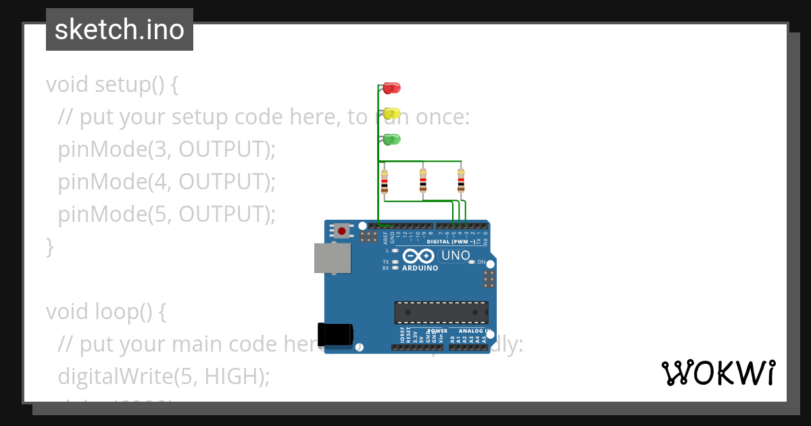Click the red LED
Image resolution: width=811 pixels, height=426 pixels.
coord(391,88)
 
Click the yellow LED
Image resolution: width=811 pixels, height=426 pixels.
coord(392,114)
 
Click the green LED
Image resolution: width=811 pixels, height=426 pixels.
coord(392,139)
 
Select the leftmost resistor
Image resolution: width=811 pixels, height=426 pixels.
coord(385,181)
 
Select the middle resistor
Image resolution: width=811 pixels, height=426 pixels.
coord(423,181)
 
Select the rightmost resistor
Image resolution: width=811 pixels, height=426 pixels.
coord(461,181)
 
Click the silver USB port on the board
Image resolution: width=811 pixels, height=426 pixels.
coord(333,258)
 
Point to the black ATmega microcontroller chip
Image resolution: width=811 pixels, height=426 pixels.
coord(441,312)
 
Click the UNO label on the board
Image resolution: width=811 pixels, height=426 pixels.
coord(456,256)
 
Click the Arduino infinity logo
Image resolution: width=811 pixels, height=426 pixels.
coord(420,256)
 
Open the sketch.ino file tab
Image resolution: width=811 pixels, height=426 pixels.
coord(120,30)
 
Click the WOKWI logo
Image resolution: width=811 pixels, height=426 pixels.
coord(718,373)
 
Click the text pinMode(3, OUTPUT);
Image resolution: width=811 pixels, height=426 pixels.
coord(167,149)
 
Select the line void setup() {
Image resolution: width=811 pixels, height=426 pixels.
coord(112,85)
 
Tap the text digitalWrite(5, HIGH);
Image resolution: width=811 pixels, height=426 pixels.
coord(164,376)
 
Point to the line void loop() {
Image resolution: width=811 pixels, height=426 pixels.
coord(105,312)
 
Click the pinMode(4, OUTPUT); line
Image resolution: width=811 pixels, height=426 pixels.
coord(167,181)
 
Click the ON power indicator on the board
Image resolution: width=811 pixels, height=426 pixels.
coord(481,262)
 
